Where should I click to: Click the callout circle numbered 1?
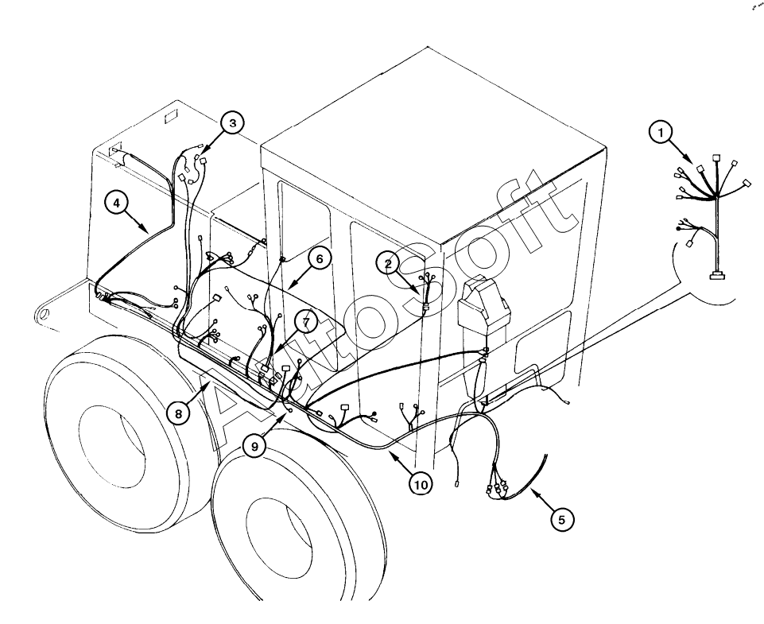click(661, 133)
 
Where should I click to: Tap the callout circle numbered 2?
click(388, 264)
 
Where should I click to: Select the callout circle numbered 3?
click(232, 123)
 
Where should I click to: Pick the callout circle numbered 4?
click(116, 202)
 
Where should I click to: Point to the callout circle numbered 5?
click(562, 520)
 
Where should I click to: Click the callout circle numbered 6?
click(319, 258)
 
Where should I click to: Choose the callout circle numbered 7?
click(305, 322)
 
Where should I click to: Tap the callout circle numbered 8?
click(178, 413)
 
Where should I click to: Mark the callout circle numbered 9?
click(254, 446)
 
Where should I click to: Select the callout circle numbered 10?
click(421, 484)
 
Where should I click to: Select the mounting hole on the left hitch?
click(42, 314)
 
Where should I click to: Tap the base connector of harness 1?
click(716, 276)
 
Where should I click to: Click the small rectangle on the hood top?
click(171, 118)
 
